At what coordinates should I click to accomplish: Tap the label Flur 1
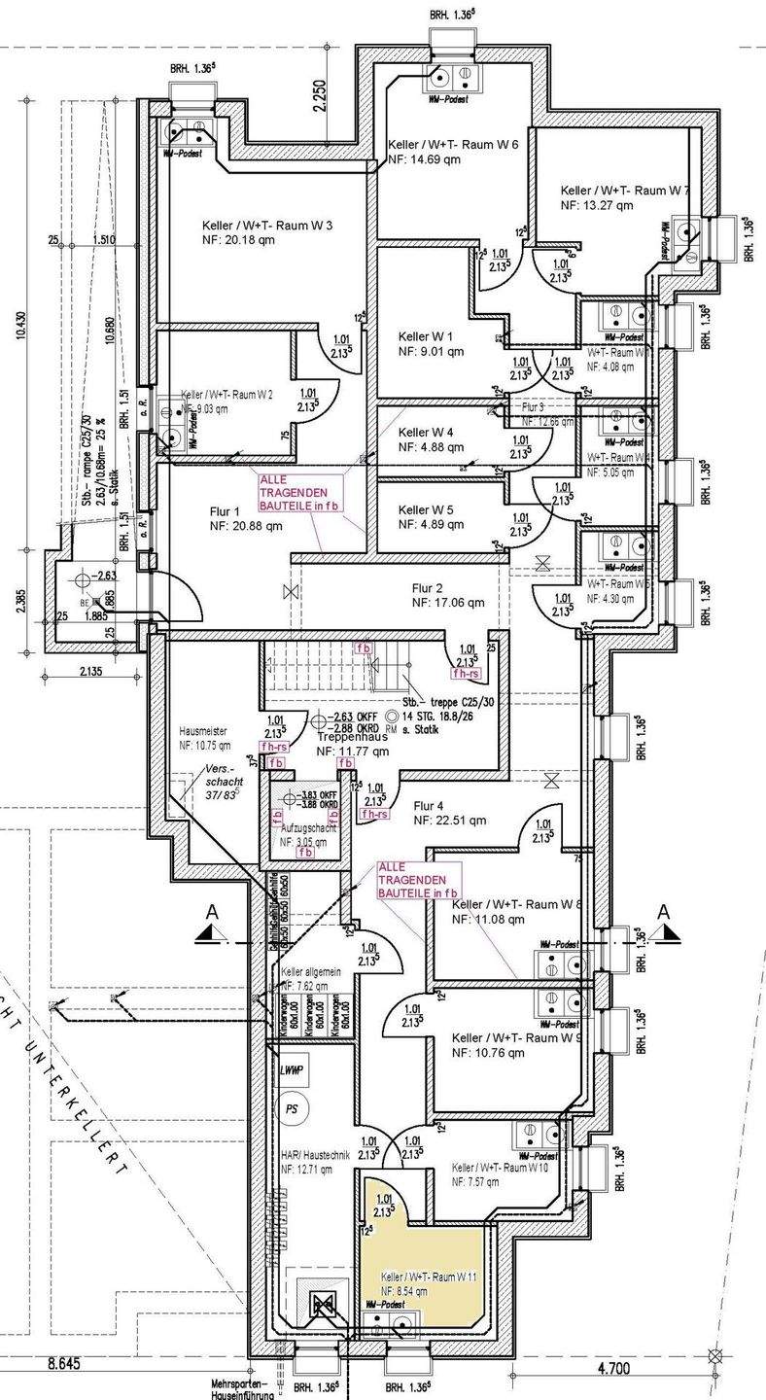pos(223,511)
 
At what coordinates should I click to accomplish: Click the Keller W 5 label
pos(426,509)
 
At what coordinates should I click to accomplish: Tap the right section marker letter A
pos(664,912)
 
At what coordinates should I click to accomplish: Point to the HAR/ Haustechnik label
pos(306,1153)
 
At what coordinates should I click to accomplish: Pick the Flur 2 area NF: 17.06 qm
pos(448,603)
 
